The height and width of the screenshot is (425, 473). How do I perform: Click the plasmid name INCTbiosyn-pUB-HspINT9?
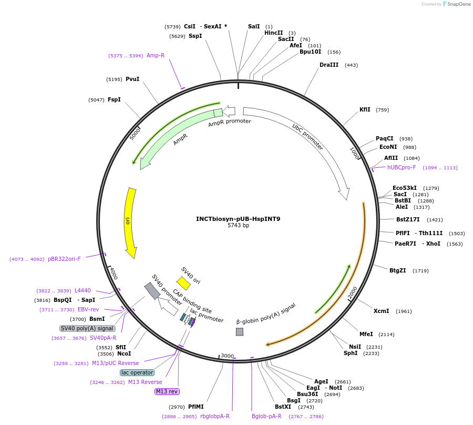point(238,219)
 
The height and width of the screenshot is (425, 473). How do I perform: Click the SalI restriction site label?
point(254,26)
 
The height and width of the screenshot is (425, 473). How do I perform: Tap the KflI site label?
point(365,110)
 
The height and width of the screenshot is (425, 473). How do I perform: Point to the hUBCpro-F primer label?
point(402,167)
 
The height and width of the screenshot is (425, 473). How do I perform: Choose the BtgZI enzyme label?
point(398,271)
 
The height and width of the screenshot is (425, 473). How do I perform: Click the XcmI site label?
point(381,311)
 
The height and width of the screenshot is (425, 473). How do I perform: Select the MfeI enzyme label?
point(366,334)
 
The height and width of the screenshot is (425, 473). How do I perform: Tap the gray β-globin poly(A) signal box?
point(240,332)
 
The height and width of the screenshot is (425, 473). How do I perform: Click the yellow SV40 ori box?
point(183,284)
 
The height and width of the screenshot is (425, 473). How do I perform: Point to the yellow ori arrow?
point(130,222)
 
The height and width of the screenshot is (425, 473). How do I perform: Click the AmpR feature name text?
point(180,139)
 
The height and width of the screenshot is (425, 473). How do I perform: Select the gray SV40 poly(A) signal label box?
point(87,328)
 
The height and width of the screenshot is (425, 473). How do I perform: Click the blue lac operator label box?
point(137,372)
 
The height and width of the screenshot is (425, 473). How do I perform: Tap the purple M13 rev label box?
point(167,391)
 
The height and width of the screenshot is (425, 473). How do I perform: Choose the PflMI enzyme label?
point(196,407)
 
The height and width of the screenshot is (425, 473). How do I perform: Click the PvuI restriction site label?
point(132,79)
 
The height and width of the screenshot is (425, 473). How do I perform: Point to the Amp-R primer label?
point(156,55)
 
